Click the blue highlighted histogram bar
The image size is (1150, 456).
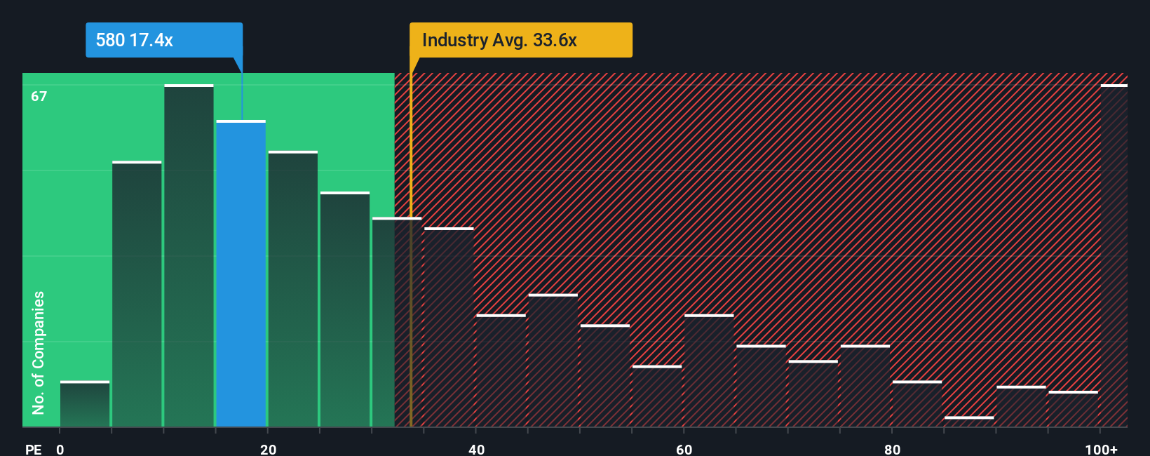click(241, 274)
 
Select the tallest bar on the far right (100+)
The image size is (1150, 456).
click(1114, 256)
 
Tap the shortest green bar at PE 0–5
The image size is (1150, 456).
click(85, 404)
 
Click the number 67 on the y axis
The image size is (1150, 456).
click(39, 96)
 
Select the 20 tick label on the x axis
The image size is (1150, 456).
click(268, 449)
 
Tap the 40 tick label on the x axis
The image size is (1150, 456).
click(476, 449)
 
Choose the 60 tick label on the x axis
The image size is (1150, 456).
click(684, 449)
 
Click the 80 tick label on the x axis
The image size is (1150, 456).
click(892, 449)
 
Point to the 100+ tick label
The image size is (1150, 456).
click(1101, 449)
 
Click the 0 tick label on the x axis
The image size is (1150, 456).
click(60, 449)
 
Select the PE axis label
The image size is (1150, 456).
click(33, 449)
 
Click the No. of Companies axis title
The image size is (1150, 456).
click(39, 352)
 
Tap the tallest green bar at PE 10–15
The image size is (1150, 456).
click(189, 256)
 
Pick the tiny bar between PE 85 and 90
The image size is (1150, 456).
click(969, 422)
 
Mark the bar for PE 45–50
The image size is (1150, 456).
click(553, 361)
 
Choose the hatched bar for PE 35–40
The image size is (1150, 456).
click(449, 328)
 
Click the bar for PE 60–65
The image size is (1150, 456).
click(709, 371)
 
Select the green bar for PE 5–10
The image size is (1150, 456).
click(137, 295)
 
